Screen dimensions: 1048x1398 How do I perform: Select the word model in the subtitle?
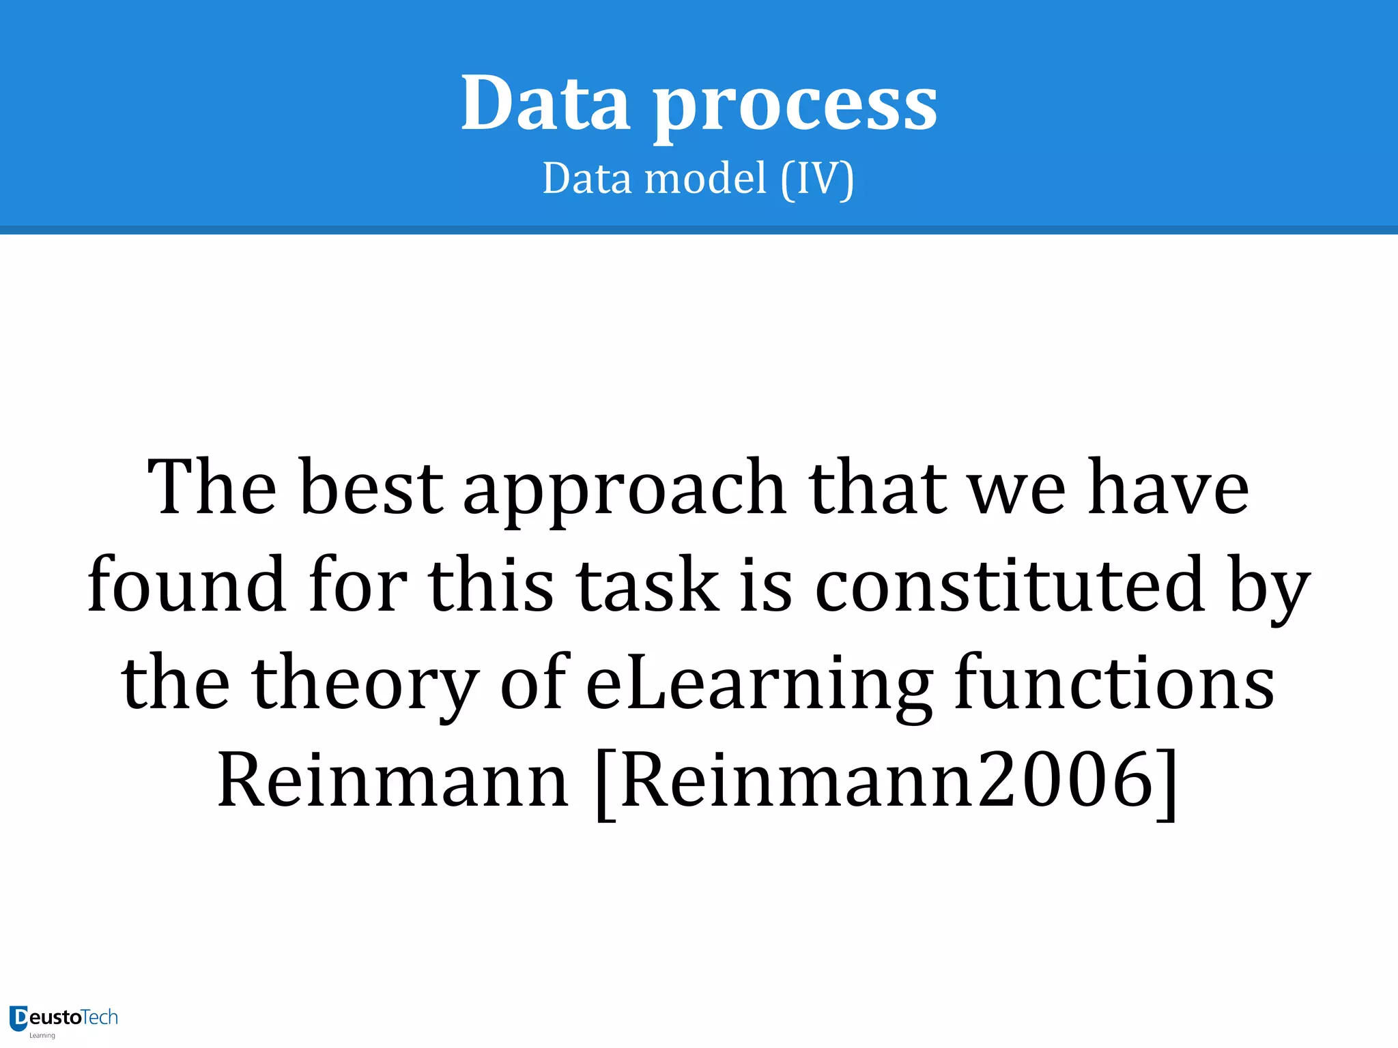click(706, 179)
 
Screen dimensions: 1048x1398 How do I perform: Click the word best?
click(372, 488)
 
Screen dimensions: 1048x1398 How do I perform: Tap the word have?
click(1168, 488)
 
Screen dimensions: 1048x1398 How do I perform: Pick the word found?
click(186, 585)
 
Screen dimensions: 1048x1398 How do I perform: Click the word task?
click(647, 585)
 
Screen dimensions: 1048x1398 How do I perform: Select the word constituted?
click(1010, 585)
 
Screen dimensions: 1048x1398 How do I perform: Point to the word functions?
click(1114, 682)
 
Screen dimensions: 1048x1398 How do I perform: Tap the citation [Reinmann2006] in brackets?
click(886, 781)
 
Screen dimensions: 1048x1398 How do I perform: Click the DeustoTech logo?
click(63, 1019)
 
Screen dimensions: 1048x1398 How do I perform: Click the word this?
click(490, 585)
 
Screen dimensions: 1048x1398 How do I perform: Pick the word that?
click(878, 488)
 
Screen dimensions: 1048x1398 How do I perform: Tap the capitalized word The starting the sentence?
click(212, 488)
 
